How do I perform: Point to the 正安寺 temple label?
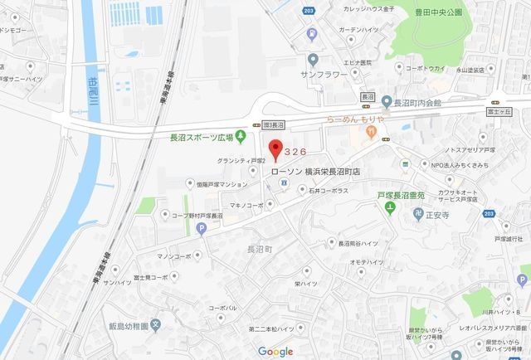click(435, 212)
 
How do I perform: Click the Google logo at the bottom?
click(275, 351)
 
